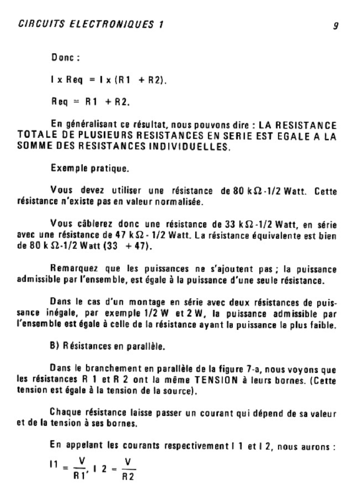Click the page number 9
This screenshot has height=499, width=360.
pos(336,25)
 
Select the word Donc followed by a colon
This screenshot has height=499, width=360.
pos(65,58)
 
